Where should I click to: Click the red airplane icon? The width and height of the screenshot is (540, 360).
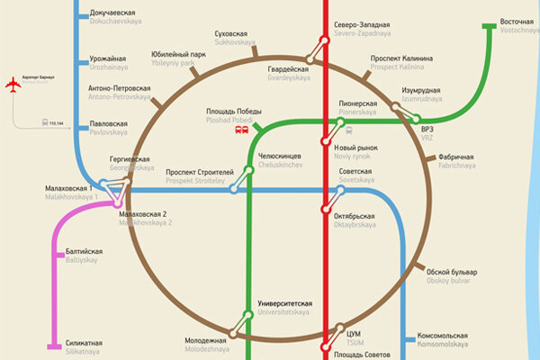point(12,85)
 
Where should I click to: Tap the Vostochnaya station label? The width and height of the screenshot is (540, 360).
point(517,25)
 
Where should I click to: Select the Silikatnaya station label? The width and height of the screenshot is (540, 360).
point(82,347)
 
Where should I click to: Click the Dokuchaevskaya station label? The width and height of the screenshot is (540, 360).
point(114,17)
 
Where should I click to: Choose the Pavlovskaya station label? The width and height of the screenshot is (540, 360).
point(108,127)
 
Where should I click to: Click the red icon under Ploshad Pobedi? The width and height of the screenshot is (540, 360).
point(240,130)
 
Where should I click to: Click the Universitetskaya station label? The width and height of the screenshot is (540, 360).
point(285,308)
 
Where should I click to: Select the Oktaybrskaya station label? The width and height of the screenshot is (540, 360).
point(358,220)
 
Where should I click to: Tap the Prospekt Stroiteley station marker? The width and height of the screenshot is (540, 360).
point(234,189)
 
